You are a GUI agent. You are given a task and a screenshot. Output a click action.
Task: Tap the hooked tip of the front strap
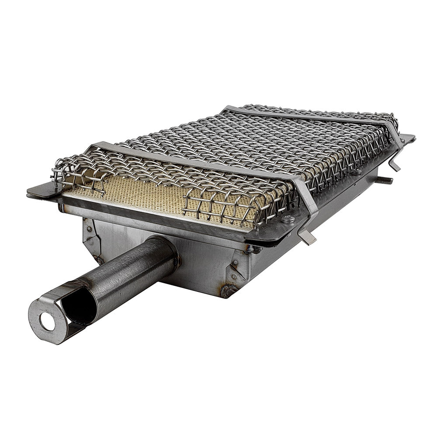(309, 238)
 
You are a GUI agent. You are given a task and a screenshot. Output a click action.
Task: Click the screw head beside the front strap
(287, 219)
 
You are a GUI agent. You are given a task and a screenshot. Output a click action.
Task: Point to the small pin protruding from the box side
(385, 180)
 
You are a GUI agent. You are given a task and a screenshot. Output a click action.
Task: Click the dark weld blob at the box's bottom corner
(228, 290)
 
